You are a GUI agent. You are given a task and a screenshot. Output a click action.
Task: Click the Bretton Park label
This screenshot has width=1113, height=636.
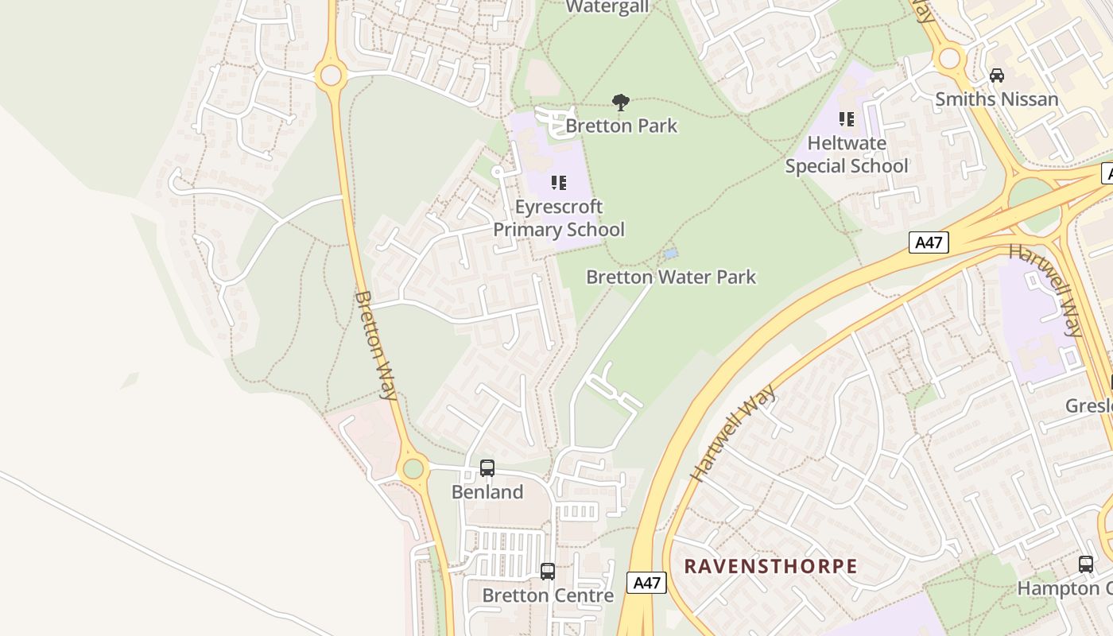pyautogui.click(x=621, y=126)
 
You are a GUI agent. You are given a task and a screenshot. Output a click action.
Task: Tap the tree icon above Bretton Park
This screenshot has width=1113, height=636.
pyautogui.click(x=621, y=102)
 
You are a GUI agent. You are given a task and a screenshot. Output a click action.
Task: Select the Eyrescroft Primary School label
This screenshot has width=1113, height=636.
pyautogui.click(x=559, y=219)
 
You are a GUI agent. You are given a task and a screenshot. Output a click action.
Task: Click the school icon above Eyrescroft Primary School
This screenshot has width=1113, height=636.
pyautogui.click(x=559, y=184)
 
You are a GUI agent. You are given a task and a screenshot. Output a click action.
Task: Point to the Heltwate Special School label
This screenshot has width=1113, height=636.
pyautogui.click(x=847, y=155)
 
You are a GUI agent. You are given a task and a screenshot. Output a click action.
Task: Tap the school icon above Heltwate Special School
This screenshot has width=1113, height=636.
pyautogui.click(x=847, y=119)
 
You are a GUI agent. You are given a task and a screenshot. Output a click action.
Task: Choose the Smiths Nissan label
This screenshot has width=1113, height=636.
pyautogui.click(x=996, y=99)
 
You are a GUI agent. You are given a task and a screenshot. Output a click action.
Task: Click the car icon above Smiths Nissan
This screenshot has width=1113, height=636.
pyautogui.click(x=996, y=76)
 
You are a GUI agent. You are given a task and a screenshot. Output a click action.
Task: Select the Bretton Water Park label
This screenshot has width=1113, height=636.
pyautogui.click(x=671, y=277)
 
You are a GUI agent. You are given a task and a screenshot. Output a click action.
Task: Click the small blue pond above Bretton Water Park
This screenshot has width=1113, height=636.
pyautogui.click(x=671, y=254)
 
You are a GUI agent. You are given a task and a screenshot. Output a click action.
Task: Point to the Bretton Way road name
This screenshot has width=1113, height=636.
pyautogui.click(x=375, y=345)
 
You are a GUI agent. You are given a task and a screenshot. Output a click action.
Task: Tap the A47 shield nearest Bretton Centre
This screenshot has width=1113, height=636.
pyautogui.click(x=646, y=583)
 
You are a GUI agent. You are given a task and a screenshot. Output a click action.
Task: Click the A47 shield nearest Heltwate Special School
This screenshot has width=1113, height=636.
pyautogui.click(x=929, y=242)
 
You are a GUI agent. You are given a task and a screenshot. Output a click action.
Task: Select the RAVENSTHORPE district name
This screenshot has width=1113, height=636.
pyautogui.click(x=770, y=566)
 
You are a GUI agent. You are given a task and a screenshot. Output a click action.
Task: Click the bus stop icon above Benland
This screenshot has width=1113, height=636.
pyautogui.click(x=487, y=468)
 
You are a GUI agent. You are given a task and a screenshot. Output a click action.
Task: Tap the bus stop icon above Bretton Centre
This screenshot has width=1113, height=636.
pyautogui.click(x=548, y=571)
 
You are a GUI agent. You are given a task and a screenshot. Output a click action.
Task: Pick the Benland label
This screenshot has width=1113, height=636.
pyautogui.click(x=487, y=492)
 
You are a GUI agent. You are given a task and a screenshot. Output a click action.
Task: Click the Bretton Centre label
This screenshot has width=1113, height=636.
pyautogui.click(x=548, y=595)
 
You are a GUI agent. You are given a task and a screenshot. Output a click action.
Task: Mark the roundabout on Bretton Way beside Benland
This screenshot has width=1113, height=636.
pyautogui.click(x=413, y=468)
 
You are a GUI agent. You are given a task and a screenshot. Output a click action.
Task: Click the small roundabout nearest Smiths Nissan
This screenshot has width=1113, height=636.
pyautogui.click(x=949, y=58)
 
